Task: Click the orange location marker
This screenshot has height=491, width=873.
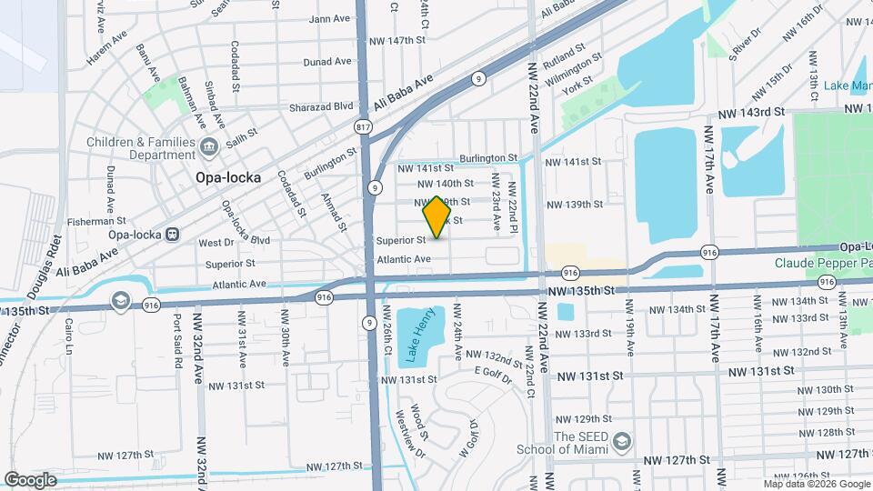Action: coord(437,217)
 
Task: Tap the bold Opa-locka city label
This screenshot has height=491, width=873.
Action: coord(228,178)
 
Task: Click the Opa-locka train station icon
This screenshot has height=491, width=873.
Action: coord(170,234)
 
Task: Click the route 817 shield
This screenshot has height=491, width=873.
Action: coord(365,127)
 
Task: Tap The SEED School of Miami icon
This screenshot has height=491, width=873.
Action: coord(622,442)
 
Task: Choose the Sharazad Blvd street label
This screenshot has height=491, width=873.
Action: coord(321,106)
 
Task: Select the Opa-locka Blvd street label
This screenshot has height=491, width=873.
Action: coord(246,240)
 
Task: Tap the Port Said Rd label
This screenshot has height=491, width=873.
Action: coord(176,342)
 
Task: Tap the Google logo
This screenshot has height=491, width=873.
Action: coord(30,479)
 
